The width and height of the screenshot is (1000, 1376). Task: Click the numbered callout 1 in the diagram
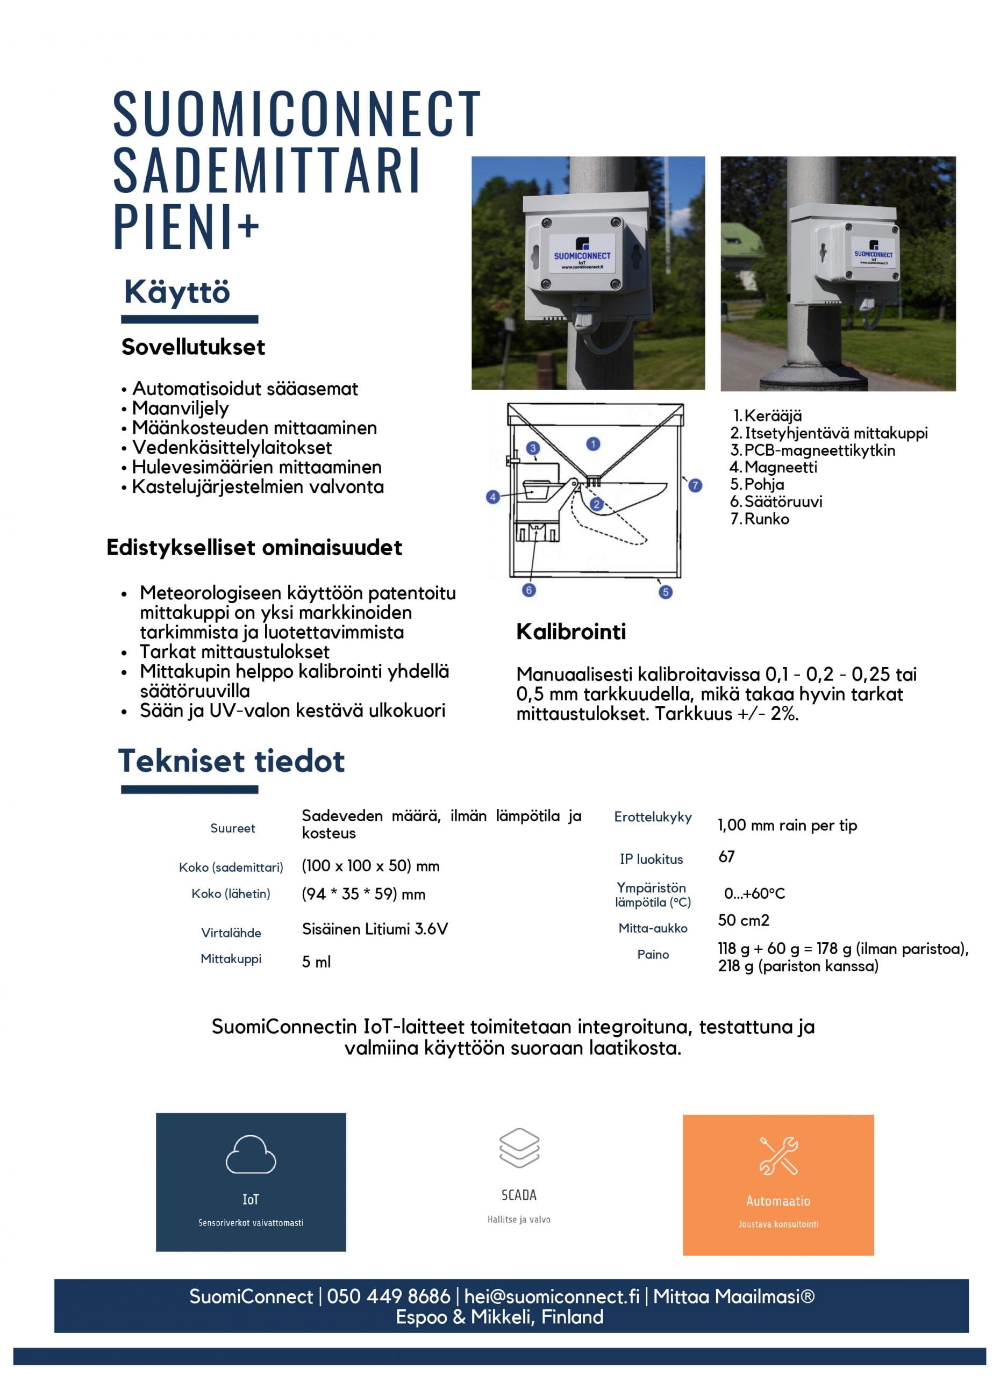(593, 444)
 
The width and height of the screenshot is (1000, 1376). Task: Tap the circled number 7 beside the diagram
(695, 485)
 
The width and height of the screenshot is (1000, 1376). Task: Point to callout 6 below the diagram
(528, 590)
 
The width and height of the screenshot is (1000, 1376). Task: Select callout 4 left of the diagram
(492, 497)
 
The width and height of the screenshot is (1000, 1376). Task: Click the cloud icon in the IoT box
(251, 1154)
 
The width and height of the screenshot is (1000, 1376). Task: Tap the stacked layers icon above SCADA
(519, 1148)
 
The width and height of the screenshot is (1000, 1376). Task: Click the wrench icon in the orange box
(778, 1155)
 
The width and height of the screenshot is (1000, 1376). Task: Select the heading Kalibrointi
(571, 632)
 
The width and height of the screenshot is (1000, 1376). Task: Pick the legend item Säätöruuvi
(783, 501)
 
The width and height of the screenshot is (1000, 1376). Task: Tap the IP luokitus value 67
(726, 857)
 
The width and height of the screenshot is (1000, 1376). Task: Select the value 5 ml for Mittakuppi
(316, 962)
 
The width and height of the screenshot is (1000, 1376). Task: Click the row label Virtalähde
(231, 933)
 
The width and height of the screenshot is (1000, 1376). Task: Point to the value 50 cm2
(744, 920)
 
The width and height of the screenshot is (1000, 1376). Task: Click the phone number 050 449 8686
(388, 1296)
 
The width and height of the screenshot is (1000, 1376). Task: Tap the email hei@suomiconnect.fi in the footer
(552, 1296)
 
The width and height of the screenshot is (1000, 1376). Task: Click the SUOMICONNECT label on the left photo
(582, 255)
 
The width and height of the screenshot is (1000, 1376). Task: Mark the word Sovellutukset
(193, 347)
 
